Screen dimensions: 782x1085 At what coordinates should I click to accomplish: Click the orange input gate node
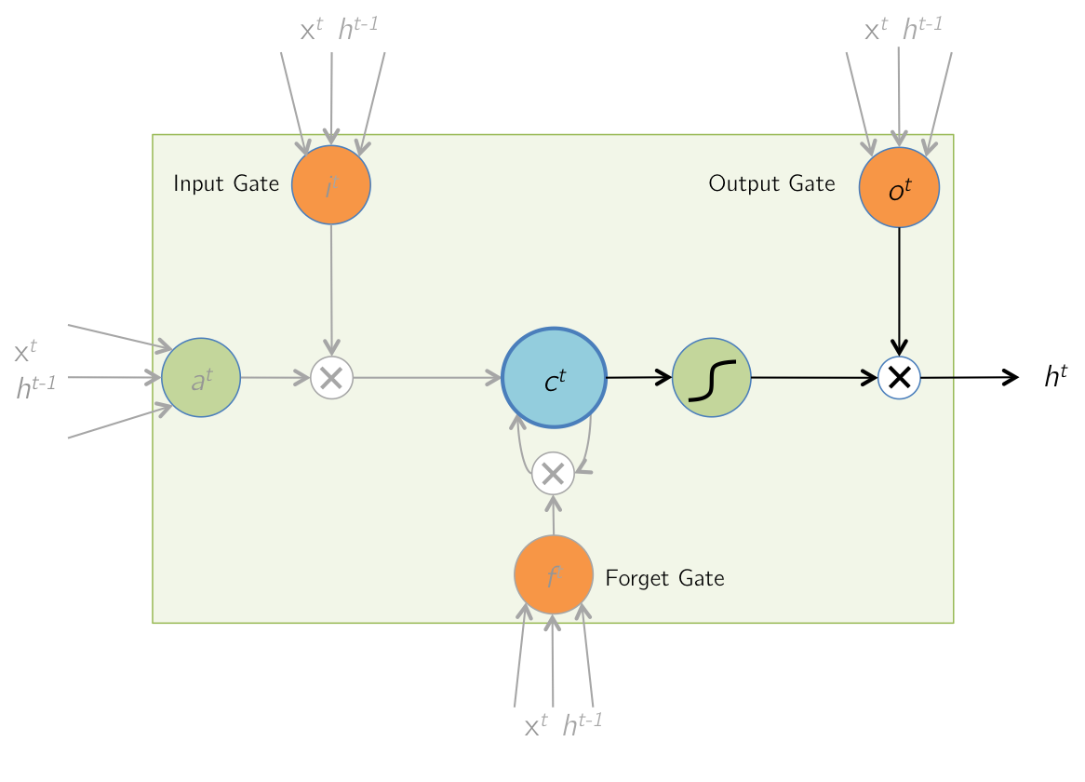[331, 185]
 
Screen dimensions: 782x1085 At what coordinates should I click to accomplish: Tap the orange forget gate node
[554, 575]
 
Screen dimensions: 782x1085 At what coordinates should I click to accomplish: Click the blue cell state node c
[555, 378]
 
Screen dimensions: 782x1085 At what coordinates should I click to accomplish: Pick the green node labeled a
[201, 378]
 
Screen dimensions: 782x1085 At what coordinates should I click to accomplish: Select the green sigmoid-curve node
[712, 377]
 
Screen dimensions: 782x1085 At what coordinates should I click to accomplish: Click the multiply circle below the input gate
[331, 378]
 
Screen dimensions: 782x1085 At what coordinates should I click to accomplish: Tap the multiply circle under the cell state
[554, 474]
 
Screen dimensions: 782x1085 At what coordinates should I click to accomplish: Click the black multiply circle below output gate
[899, 377]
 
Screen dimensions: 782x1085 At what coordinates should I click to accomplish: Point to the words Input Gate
[226, 183]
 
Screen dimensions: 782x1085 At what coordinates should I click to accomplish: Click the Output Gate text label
[771, 183]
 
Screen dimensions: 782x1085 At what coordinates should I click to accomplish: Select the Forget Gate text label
[664, 578]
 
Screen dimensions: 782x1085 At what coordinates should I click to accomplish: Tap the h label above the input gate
[357, 28]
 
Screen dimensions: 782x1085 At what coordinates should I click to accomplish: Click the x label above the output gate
[876, 30]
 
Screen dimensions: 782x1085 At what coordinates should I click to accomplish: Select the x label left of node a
[25, 351]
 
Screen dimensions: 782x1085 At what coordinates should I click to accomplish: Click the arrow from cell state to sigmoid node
[638, 377]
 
